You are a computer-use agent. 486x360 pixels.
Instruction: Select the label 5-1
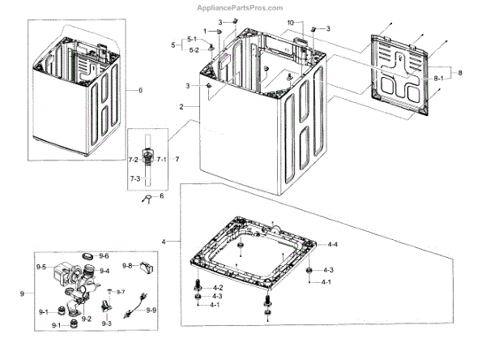tap(193, 40)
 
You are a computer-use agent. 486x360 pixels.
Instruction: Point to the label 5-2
tap(193, 50)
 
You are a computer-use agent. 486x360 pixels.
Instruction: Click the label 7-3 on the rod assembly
tap(134, 178)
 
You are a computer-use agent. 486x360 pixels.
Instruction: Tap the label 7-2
tap(134, 159)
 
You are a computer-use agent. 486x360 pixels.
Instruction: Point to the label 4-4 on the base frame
tap(332, 244)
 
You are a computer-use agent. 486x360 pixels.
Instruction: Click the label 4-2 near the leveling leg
tap(218, 289)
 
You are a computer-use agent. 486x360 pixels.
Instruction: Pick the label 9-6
tap(104, 256)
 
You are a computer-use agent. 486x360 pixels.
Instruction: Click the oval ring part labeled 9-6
tap(87, 257)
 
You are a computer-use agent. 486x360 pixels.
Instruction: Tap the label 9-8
tap(127, 266)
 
